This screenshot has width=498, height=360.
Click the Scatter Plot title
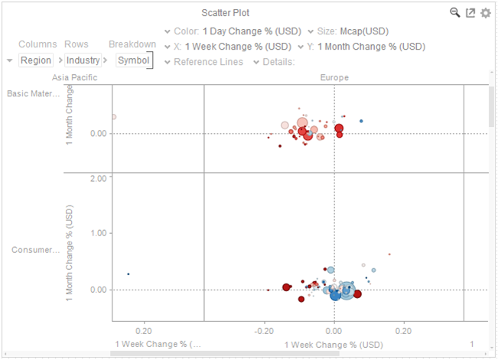pyautogui.click(x=246, y=12)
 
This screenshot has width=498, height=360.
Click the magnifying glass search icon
pyautogui.click(x=454, y=12)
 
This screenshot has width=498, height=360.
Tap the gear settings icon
pyautogui.click(x=485, y=13)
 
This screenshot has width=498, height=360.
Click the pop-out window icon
pyautogui.click(x=470, y=13)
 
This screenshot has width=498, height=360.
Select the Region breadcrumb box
pyautogui.click(x=36, y=60)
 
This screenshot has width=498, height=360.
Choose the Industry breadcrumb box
pyautogui.click(x=83, y=60)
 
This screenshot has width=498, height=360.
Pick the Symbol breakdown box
pyautogui.click(x=134, y=60)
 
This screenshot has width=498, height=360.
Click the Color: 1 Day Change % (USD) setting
pyautogui.click(x=235, y=31)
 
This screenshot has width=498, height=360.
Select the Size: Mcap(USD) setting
pyautogui.click(x=353, y=31)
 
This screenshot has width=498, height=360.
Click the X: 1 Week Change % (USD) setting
pyautogui.click(x=233, y=47)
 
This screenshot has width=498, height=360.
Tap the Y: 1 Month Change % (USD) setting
pyautogui.click(x=366, y=47)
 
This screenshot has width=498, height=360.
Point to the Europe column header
pyautogui.click(x=334, y=77)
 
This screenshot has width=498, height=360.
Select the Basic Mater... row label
pyautogui.click(x=33, y=94)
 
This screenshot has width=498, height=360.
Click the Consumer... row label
pyautogui.click(x=35, y=250)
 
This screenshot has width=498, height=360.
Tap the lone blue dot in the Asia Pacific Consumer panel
pyautogui.click(x=129, y=274)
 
